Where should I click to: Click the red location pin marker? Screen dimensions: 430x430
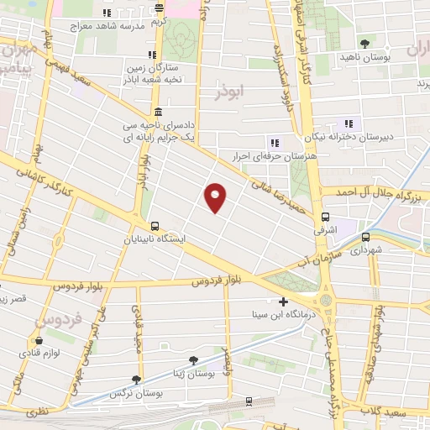point(216,197)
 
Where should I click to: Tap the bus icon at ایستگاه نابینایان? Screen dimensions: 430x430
point(155,226)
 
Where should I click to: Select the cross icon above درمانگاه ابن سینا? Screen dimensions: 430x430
point(282,302)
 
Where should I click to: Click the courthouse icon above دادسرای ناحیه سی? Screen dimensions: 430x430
point(158,113)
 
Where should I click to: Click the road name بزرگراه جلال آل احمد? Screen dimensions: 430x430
point(374,193)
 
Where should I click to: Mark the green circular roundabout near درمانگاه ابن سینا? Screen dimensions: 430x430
point(326,297)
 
